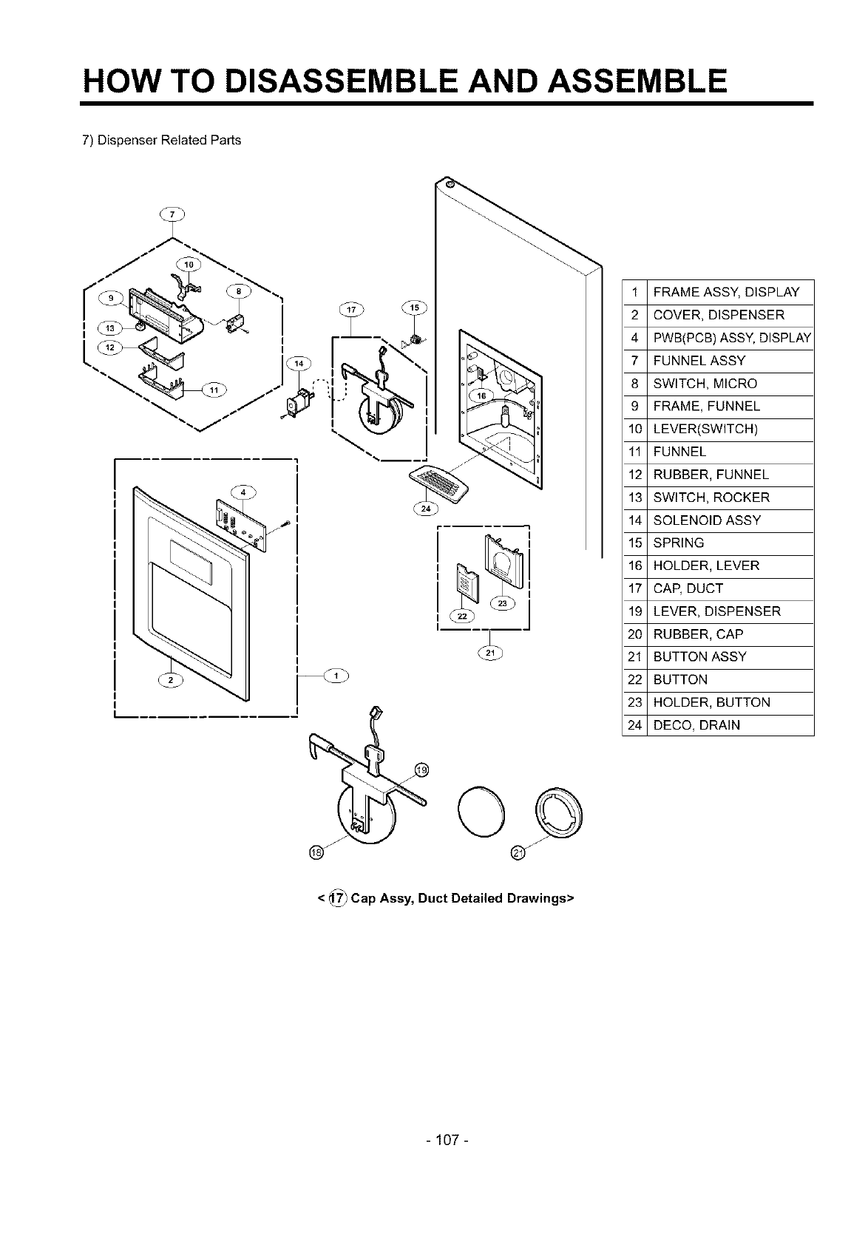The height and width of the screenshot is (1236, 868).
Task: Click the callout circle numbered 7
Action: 172,215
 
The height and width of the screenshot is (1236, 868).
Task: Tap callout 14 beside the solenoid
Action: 299,363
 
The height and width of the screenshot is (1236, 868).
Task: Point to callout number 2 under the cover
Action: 171,680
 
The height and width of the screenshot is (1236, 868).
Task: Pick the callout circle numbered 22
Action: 463,617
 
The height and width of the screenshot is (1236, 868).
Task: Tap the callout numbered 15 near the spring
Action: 413,308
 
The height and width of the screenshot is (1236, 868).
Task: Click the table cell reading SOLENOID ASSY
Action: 706,520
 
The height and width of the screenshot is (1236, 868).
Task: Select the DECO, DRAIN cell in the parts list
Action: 696,725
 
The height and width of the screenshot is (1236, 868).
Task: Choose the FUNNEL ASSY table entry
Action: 699,361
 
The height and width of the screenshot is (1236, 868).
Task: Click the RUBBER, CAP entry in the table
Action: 698,634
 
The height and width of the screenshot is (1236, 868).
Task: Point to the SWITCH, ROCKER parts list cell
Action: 711,498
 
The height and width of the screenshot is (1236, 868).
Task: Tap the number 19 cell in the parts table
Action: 634,611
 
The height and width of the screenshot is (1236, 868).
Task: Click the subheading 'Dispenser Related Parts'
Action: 161,140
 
